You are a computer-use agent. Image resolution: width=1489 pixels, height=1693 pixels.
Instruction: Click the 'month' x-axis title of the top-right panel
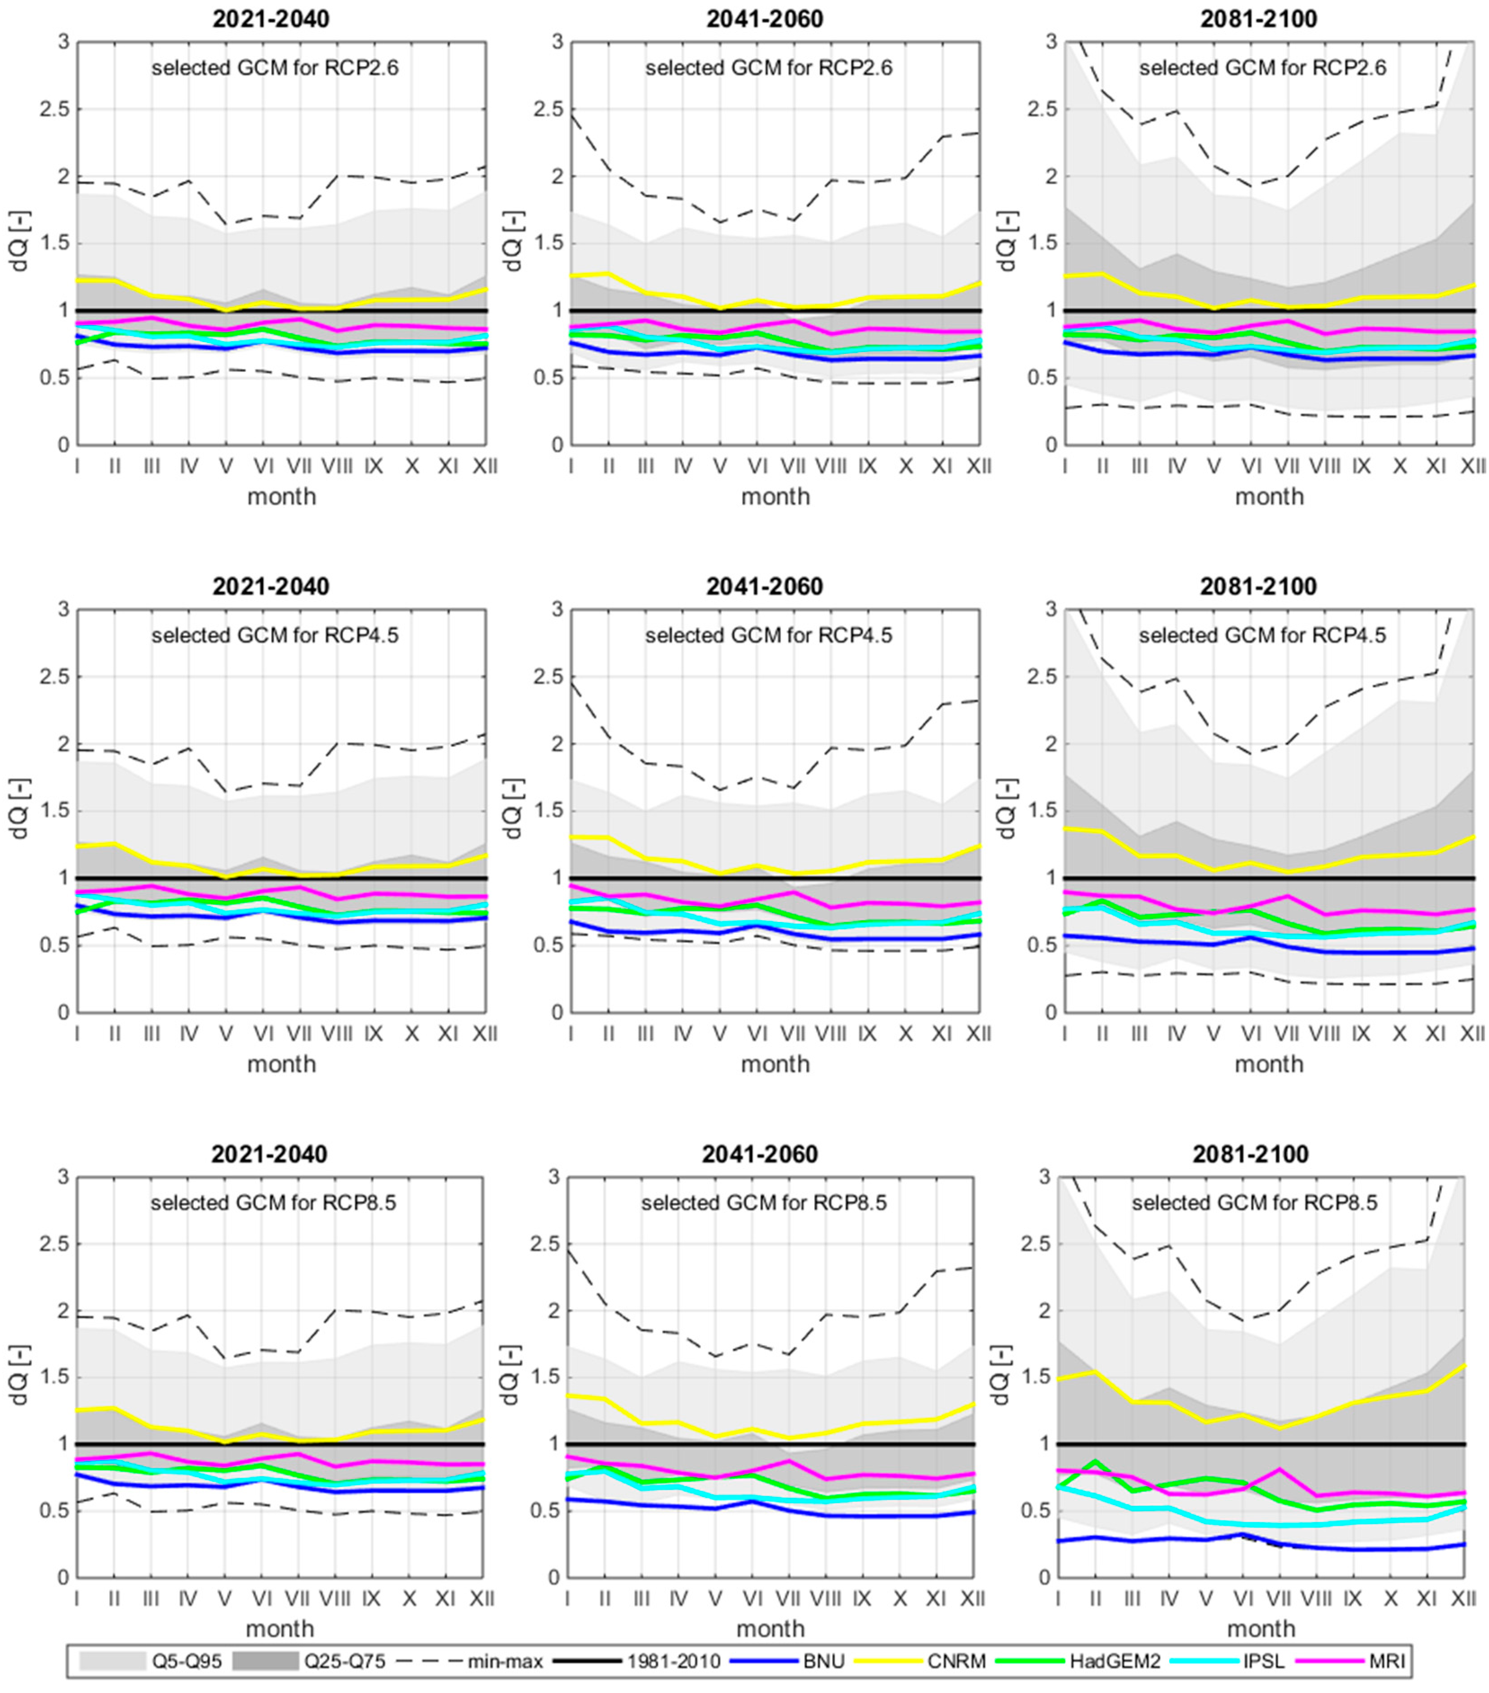pyautogui.click(x=1269, y=496)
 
